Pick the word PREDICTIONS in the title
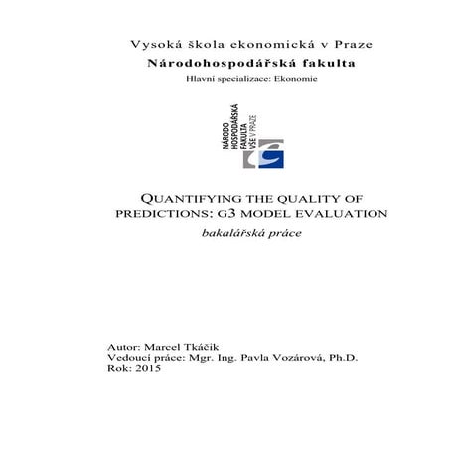156,214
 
